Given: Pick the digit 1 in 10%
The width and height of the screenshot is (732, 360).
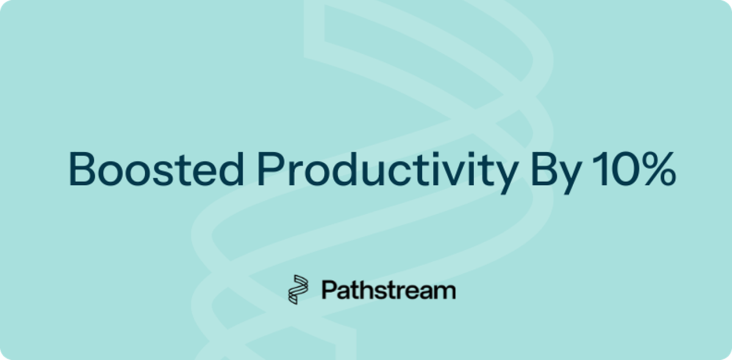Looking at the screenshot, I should tap(596, 168).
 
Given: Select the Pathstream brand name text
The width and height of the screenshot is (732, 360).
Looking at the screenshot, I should tap(388, 290).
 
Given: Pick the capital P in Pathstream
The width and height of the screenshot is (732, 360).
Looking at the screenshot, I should tap(328, 290).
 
